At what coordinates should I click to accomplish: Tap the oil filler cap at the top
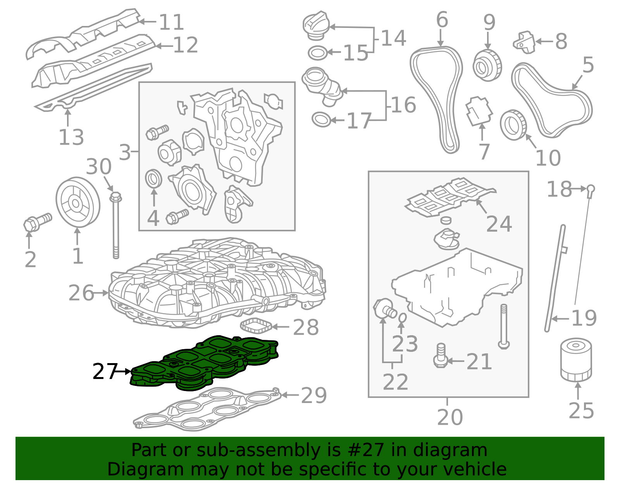tap(316, 26)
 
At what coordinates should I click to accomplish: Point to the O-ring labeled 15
tap(318, 53)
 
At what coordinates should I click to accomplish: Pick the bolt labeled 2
tap(38, 222)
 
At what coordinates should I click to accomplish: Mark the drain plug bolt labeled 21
tap(441, 356)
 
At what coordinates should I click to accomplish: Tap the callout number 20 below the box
tap(450, 417)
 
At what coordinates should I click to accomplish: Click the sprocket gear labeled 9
tap(487, 65)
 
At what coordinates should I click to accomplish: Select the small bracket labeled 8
tap(524, 42)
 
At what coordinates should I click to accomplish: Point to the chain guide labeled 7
tap(479, 111)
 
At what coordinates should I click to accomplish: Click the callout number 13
tap(71, 137)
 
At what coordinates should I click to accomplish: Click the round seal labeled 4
tap(153, 179)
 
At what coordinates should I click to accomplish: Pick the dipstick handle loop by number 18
tap(591, 189)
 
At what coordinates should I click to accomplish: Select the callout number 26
tap(81, 293)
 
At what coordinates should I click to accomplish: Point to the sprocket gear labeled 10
tap(513, 125)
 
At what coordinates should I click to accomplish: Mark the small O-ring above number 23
tap(402, 317)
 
